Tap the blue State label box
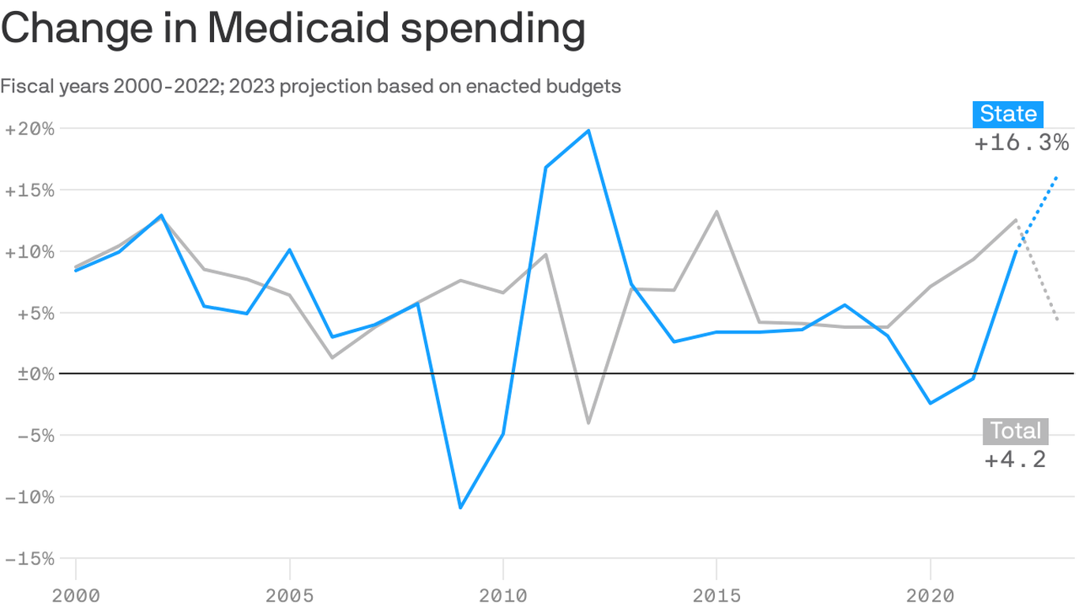[1008, 114]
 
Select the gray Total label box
[1015, 432]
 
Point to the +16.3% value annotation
[1021, 143]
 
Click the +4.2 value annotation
[1015, 460]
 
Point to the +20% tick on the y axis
[29, 129]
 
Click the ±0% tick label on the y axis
[29, 374]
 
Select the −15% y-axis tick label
[29, 559]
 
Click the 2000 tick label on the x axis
[76, 594]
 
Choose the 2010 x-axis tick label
[503, 594]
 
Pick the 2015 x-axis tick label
[716, 594]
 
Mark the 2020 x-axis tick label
[930, 594]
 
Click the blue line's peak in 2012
[588, 130]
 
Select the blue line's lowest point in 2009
[461, 507]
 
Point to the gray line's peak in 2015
[716, 211]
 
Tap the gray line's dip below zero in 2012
[588, 423]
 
